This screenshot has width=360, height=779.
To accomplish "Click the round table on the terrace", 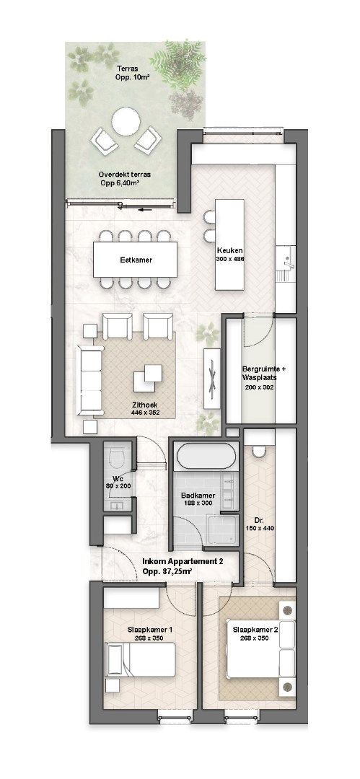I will (127, 121).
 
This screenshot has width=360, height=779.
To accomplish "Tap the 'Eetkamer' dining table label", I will (136, 257).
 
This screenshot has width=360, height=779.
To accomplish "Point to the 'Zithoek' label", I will (145, 405).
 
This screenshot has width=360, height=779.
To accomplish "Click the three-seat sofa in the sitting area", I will (91, 380).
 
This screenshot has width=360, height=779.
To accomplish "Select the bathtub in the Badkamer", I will (206, 457).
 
